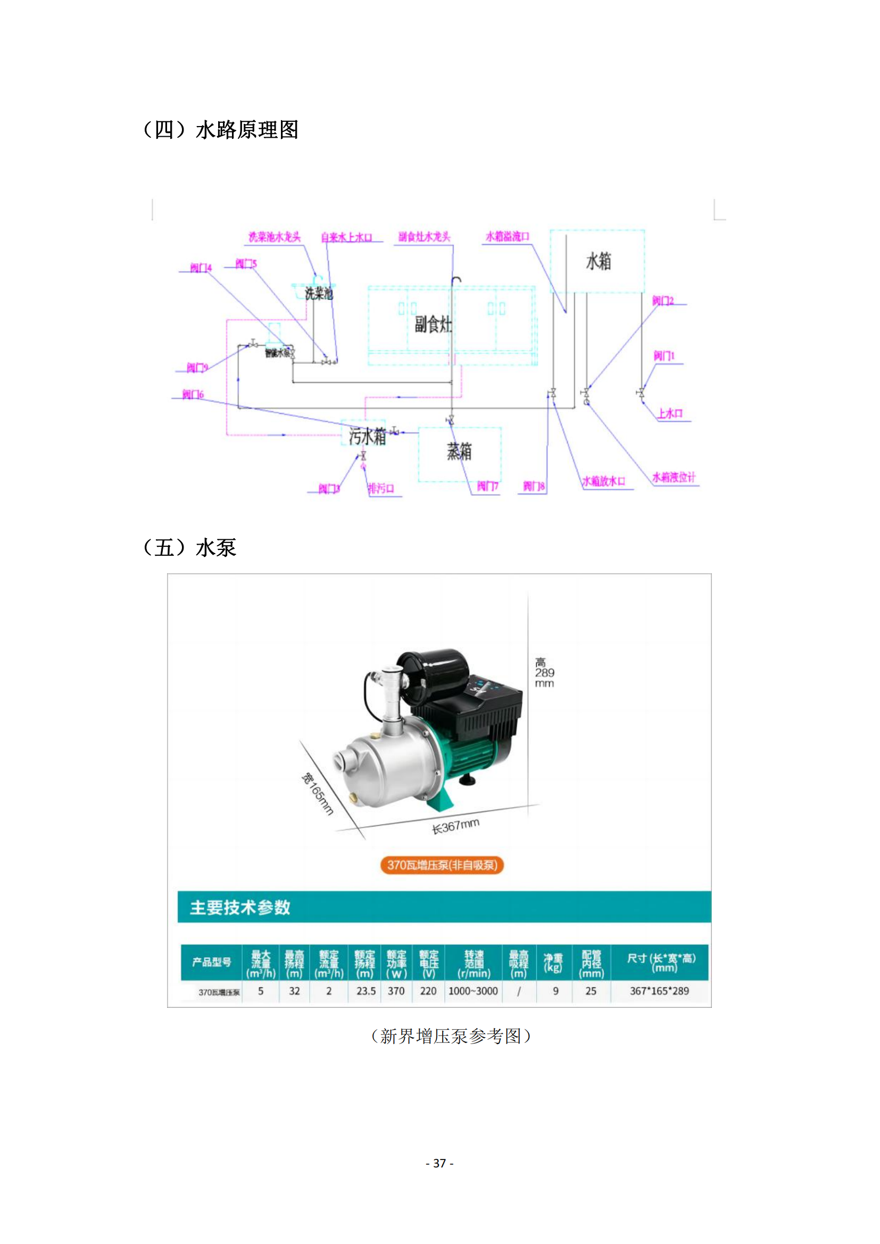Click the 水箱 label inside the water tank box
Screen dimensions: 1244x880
click(598, 262)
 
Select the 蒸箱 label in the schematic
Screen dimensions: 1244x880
click(459, 451)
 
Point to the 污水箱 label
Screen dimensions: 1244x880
click(368, 436)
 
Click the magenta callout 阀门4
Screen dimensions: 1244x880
click(201, 268)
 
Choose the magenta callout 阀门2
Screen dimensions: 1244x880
click(663, 300)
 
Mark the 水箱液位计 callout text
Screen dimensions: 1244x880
click(674, 477)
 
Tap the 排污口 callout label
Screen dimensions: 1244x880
click(381, 489)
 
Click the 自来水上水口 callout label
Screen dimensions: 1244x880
click(346, 237)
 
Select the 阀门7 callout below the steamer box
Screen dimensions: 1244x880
click(487, 486)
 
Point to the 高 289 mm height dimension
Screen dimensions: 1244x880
click(544, 672)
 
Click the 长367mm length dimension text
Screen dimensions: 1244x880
click(455, 827)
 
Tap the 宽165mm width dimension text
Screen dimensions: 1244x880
click(317, 794)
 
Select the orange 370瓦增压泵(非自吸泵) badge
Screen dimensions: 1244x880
click(442, 865)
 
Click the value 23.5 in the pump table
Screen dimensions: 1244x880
click(366, 991)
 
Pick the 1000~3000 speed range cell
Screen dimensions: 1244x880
click(473, 991)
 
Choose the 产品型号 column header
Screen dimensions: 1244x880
click(211, 962)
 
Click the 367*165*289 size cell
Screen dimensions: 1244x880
click(659, 991)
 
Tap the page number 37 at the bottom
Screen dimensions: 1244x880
click(439, 1163)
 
